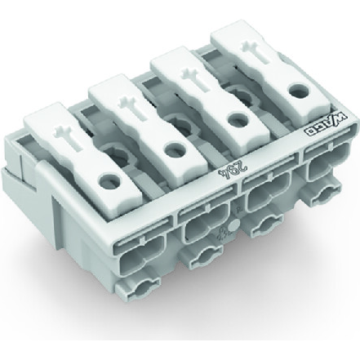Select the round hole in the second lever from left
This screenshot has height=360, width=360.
(171, 149)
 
